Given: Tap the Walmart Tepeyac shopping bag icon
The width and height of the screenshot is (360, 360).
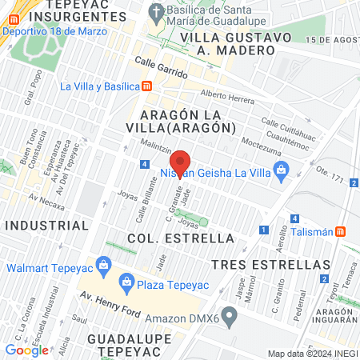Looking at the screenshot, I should [x=102, y=264].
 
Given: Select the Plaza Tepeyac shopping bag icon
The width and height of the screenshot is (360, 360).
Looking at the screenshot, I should [x=126, y=281].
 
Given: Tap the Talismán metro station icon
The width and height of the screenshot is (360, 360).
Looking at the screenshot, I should [x=341, y=231].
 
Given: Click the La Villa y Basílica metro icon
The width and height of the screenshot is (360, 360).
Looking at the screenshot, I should [x=147, y=86].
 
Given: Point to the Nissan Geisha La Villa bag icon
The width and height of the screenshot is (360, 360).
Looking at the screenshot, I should [x=281, y=170].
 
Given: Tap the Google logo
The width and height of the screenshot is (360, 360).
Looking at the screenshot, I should [x=26, y=350].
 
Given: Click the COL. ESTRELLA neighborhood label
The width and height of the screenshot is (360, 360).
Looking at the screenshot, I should [x=180, y=238].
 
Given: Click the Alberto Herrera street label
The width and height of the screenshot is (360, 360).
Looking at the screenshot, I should [x=226, y=98].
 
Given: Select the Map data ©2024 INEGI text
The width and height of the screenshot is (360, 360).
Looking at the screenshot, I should [x=312, y=354].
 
